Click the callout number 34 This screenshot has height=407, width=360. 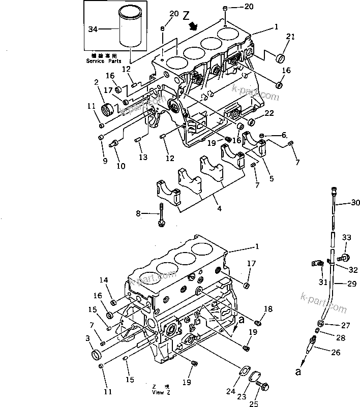tap(93, 30)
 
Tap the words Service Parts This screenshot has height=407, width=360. tap(103, 61)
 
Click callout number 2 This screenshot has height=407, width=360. tap(96, 82)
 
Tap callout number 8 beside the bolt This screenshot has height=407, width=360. tap(138, 214)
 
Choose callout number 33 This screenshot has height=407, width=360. tap(346, 237)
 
